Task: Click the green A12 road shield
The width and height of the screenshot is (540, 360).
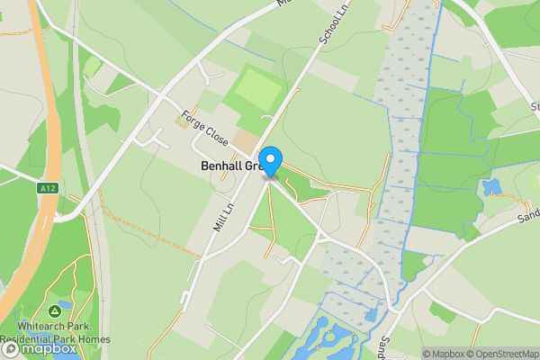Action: click(48, 188)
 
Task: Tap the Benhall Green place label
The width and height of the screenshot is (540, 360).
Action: click(230, 166)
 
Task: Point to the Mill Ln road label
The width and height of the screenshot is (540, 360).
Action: click(223, 217)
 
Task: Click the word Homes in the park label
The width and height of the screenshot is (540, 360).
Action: click(94, 338)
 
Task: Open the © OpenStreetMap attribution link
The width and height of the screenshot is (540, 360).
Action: click(501, 353)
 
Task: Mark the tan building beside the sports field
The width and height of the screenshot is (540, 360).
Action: click(245, 139)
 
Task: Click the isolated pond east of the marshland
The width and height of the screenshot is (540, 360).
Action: click(491, 187)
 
